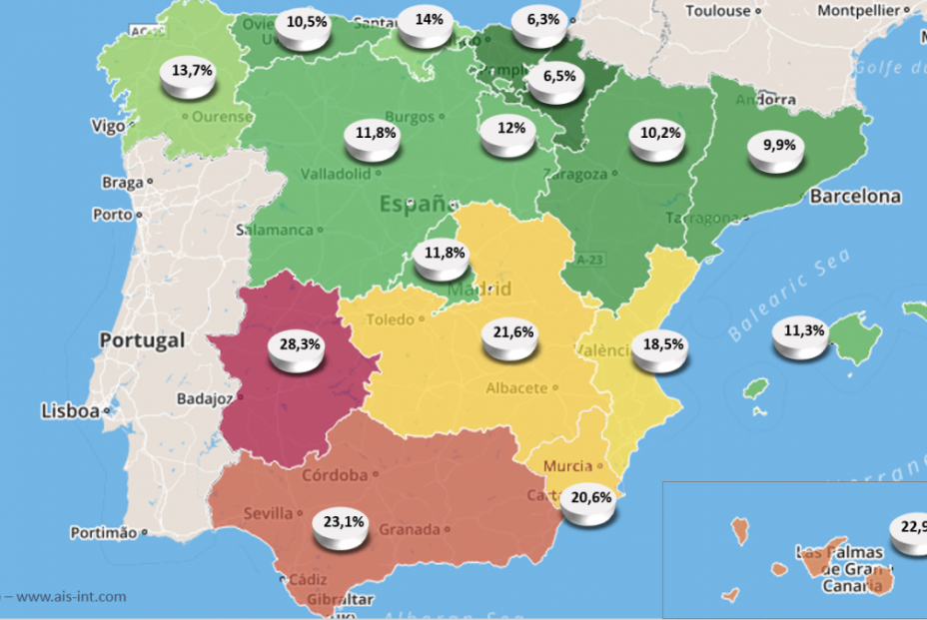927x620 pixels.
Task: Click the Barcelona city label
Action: (x=855, y=197)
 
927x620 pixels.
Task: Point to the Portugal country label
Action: (x=142, y=340)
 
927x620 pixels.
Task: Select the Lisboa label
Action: (x=70, y=410)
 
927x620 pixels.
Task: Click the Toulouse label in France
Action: (x=718, y=11)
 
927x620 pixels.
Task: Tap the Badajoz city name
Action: (x=204, y=398)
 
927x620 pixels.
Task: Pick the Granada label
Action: (x=410, y=529)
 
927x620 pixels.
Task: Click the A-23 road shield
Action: (x=590, y=260)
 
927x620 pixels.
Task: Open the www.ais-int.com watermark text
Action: (x=71, y=597)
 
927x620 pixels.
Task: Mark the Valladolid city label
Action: (x=335, y=173)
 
